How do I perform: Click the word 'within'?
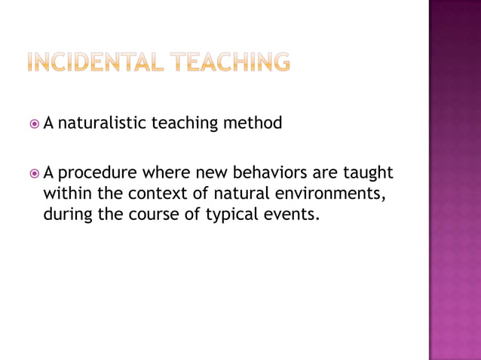[x=66, y=193]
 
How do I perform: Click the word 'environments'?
[x=329, y=194]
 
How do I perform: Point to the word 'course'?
[x=148, y=215]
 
